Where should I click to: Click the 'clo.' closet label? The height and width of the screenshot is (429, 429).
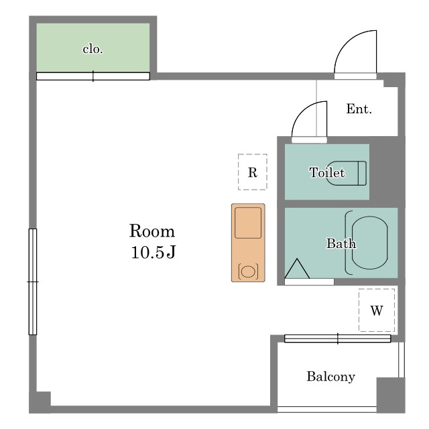tap(93, 50)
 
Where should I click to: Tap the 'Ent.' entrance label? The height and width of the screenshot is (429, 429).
tap(359, 109)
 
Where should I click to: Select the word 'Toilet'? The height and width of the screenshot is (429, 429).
tap(327, 173)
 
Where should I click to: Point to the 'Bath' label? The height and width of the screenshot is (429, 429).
tap(341, 243)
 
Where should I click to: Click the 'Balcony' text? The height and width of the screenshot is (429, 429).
tap(330, 377)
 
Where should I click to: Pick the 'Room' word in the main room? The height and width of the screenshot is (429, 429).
tap(152, 231)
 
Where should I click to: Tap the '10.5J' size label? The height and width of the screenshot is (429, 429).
tap(154, 252)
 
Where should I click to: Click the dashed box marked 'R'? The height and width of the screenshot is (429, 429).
tap(253, 172)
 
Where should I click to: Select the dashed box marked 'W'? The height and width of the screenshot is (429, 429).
tap(377, 310)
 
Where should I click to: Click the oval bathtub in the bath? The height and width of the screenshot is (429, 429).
tap(369, 243)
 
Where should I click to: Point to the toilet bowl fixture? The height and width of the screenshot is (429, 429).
tap(347, 173)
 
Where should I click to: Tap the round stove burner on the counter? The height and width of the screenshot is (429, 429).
tap(248, 271)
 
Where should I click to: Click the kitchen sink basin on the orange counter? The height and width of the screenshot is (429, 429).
tap(248, 223)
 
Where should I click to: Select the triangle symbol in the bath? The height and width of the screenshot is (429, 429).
tap(297, 269)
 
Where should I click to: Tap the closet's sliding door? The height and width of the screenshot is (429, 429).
tap(93, 76)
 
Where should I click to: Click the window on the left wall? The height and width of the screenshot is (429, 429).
tap(33, 282)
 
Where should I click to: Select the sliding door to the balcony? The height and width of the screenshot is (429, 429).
tap(338, 339)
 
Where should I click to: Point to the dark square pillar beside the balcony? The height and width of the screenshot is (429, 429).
tap(391, 395)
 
